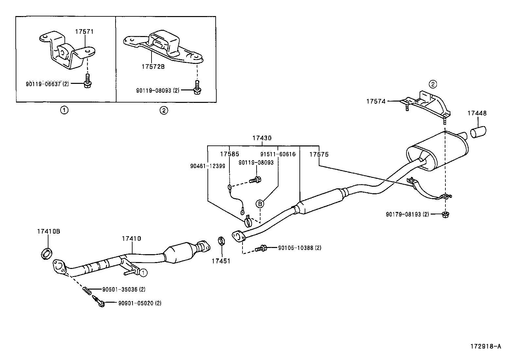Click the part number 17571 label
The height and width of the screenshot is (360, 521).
(x=84, y=32)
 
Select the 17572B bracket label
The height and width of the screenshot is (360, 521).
(x=153, y=66)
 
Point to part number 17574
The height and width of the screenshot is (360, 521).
(x=376, y=102)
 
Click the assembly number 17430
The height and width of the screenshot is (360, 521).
(x=261, y=138)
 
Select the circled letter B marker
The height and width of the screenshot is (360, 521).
(x=260, y=204)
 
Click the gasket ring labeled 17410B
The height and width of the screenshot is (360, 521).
(x=47, y=254)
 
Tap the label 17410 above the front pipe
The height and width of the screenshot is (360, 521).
(x=131, y=238)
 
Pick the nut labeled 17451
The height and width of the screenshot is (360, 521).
(x=221, y=242)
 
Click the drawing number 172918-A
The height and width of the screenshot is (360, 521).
(x=486, y=346)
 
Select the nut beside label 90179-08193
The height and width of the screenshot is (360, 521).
(x=445, y=215)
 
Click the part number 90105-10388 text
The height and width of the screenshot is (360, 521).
(x=299, y=248)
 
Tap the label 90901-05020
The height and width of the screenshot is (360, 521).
(x=139, y=303)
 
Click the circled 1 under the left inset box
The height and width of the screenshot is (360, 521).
(x=64, y=110)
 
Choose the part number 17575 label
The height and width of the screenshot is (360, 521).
(x=319, y=154)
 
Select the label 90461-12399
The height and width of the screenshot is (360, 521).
(x=207, y=166)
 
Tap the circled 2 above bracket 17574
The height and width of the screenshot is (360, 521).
(x=433, y=84)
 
